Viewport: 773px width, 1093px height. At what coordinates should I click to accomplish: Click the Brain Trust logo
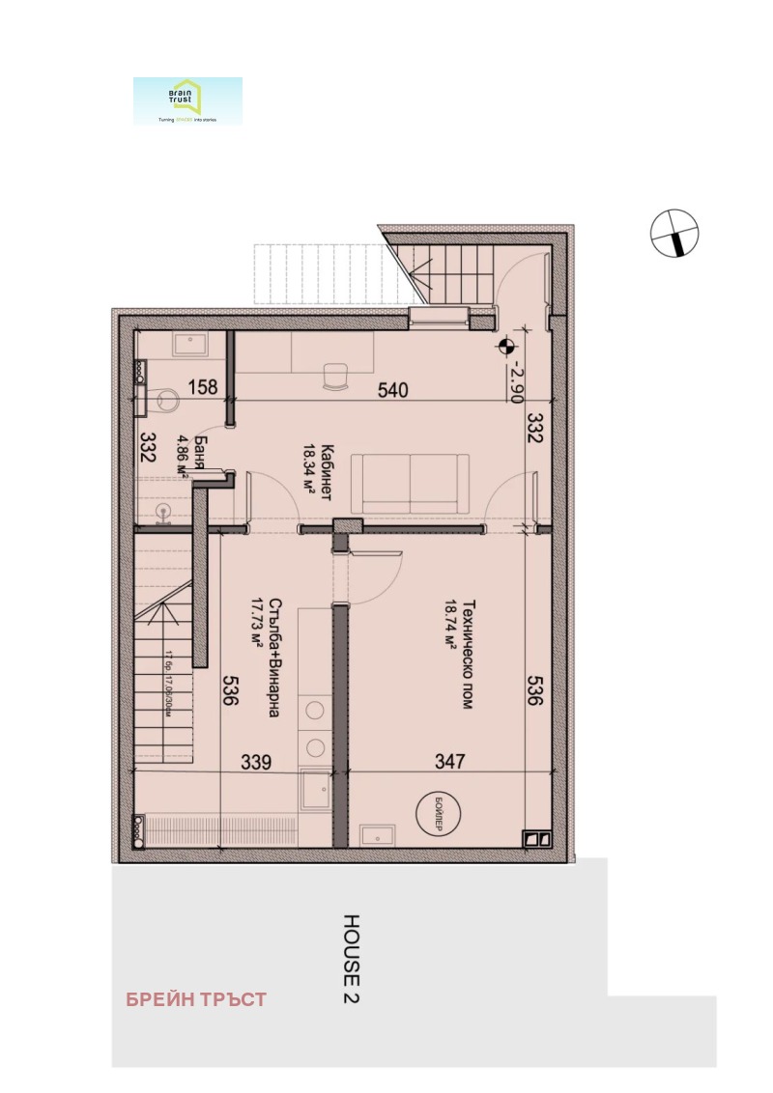(187, 100)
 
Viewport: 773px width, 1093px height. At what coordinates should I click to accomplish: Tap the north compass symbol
(673, 234)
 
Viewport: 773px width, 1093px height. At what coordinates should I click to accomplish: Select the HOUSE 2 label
(352, 957)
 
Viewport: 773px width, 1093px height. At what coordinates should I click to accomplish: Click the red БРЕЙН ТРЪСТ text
(196, 999)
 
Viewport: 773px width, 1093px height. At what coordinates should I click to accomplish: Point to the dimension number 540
(393, 390)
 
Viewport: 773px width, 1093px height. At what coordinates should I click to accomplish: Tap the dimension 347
(449, 763)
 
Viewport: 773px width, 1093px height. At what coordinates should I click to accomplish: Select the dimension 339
(255, 763)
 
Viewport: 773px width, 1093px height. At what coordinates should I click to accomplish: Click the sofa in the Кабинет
(410, 483)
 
